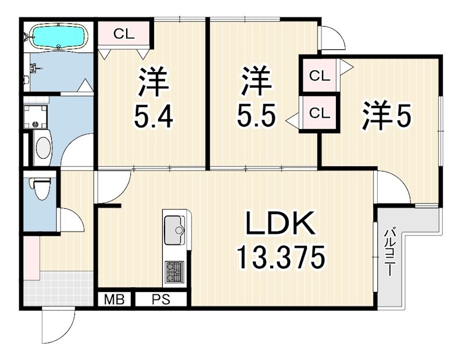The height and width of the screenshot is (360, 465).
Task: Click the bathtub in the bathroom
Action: point(58,37)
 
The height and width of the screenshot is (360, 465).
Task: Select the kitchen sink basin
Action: point(174,230)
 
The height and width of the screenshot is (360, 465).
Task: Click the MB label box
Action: point(115,300)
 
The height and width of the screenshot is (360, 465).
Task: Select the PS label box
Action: point(161,300)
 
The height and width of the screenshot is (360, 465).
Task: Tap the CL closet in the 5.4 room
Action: point(124,34)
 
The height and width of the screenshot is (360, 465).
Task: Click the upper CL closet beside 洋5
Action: point(319,75)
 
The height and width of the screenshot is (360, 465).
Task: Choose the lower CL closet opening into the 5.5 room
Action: point(319,113)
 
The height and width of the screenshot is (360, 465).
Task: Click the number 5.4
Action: point(153,119)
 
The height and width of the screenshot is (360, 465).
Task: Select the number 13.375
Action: point(280,256)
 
